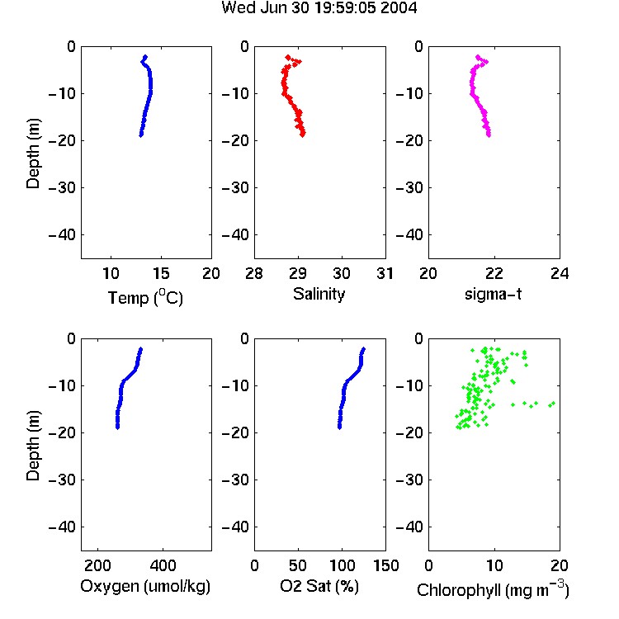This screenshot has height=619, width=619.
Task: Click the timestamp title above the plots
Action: tap(319, 7)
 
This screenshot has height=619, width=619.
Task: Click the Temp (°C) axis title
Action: tap(145, 297)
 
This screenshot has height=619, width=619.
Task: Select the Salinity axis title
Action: tap(319, 294)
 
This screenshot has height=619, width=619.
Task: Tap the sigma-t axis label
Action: tap(493, 294)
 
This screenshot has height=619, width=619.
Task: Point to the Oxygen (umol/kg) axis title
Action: tap(145, 586)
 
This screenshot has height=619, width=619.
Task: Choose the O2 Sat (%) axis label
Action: tap(319, 586)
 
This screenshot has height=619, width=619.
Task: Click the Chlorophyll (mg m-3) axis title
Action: tap(493, 589)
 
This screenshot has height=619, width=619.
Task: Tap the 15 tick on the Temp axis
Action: tap(161, 273)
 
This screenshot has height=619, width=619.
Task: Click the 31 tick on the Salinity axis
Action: tap(385, 273)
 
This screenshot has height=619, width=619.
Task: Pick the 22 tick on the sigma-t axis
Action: tap(494, 273)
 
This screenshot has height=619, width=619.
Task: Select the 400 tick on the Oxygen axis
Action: tap(163, 565)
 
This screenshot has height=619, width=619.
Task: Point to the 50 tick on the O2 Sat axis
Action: tap(298, 565)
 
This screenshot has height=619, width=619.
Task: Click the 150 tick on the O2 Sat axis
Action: tap(386, 565)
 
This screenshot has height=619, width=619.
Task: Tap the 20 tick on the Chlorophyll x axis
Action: tap(560, 565)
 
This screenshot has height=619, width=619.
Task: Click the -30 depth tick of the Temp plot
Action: tap(62, 188)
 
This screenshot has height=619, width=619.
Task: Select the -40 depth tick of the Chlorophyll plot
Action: tap(409, 527)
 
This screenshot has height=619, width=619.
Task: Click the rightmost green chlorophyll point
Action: tap(553, 403)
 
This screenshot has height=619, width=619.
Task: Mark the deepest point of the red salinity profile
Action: tap(302, 135)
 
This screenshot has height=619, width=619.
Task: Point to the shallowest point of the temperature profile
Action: tap(145, 57)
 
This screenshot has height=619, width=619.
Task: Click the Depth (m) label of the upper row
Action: tap(33, 154)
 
